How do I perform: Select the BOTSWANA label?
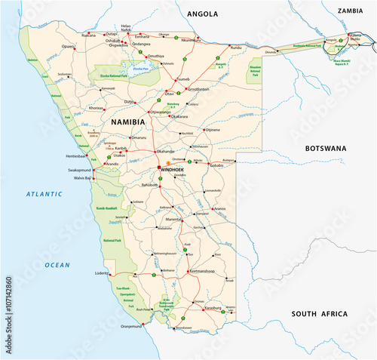[x=325, y=149]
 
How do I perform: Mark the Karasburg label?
[x=213, y=308]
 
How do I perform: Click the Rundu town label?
[x=236, y=48]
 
